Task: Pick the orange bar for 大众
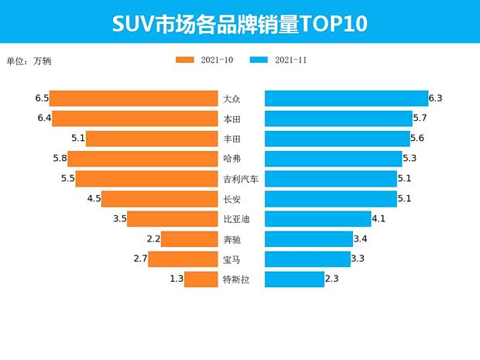135,98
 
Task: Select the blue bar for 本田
338,118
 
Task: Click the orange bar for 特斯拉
201,279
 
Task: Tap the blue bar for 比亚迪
317,219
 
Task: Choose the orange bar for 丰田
152,139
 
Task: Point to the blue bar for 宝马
307,259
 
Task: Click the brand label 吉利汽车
240,179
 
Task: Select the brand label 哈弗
231,159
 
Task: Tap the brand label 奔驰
231,239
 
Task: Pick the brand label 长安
231,199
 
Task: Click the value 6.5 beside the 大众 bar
42,98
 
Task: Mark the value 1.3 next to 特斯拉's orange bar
176,279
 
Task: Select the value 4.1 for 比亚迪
379,219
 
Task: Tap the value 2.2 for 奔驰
153,239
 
